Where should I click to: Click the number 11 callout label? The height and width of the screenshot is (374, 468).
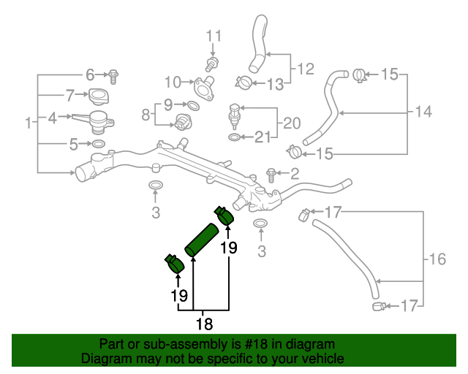214,36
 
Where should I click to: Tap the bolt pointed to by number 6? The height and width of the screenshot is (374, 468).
113,77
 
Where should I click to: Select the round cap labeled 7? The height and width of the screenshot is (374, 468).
99,96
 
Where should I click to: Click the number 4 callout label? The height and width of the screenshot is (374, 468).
52,118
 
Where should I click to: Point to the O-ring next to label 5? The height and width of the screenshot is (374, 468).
98,144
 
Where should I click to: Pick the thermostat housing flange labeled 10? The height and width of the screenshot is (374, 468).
205,88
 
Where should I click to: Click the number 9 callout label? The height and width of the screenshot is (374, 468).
168,104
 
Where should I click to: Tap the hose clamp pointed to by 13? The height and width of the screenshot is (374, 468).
244,83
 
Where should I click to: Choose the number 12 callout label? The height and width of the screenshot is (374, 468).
306,69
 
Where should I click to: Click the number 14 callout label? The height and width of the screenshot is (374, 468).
423,112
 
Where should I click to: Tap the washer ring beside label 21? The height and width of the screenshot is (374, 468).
235,137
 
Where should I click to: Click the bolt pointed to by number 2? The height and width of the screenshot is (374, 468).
271,175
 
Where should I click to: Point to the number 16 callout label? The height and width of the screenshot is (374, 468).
437,259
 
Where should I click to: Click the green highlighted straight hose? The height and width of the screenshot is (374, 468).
202,240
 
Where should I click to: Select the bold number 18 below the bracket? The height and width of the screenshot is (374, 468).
205,324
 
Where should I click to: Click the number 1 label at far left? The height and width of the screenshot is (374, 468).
29,123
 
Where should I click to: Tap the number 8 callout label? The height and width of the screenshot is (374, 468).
146,115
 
